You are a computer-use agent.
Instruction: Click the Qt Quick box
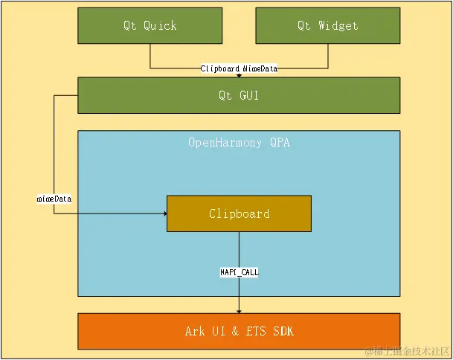(x=150, y=26)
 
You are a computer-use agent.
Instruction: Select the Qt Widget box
(x=328, y=26)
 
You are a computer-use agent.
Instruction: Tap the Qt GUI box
(x=239, y=95)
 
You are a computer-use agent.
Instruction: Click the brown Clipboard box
(x=239, y=213)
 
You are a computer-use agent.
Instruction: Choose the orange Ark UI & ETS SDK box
(x=239, y=331)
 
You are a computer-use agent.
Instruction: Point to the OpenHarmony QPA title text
(x=239, y=143)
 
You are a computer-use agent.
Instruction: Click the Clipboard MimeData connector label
(x=239, y=68)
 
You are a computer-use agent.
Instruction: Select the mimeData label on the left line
(x=54, y=199)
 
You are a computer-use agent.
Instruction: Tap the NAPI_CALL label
(x=240, y=272)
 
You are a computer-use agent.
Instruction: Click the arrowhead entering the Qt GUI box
(x=239, y=76)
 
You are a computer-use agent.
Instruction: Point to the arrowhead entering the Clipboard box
(x=165, y=213)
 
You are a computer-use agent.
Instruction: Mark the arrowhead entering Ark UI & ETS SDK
(x=239, y=312)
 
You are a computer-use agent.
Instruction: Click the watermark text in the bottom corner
(x=408, y=351)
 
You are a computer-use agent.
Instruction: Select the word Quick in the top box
(x=160, y=26)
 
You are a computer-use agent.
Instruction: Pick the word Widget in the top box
(x=338, y=26)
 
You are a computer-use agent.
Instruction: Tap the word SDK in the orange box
(x=283, y=331)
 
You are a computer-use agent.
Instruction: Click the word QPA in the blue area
(x=280, y=143)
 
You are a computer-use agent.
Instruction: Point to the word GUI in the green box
(x=249, y=95)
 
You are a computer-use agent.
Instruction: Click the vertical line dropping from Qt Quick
(x=150, y=56)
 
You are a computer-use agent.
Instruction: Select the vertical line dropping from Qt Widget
(x=328, y=56)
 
